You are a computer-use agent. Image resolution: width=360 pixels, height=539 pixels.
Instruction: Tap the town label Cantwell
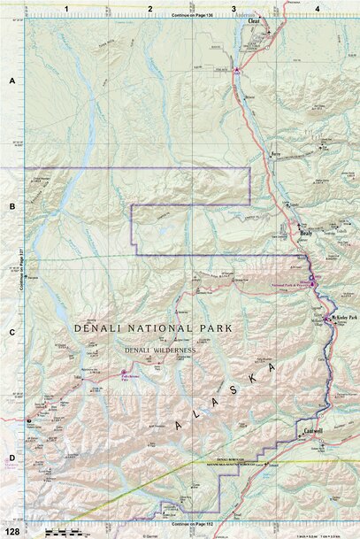(x=313, y=431)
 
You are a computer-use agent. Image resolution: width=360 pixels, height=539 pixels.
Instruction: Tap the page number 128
(x=11, y=531)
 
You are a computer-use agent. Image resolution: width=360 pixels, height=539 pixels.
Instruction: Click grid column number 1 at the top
(x=67, y=8)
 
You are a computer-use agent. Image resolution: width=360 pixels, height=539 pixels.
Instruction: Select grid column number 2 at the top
(x=150, y=8)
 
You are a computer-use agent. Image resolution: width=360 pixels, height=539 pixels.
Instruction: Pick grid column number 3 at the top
(x=234, y=8)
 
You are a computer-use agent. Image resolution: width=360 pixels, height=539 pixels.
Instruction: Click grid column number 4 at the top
(x=316, y=8)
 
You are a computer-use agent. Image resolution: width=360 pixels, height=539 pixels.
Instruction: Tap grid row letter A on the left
(x=12, y=81)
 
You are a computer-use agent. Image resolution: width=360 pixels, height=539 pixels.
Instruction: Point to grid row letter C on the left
(x=12, y=333)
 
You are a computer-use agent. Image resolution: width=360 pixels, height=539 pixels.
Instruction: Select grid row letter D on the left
(x=12, y=458)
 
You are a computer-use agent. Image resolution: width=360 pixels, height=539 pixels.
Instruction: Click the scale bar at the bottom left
(x=57, y=531)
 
